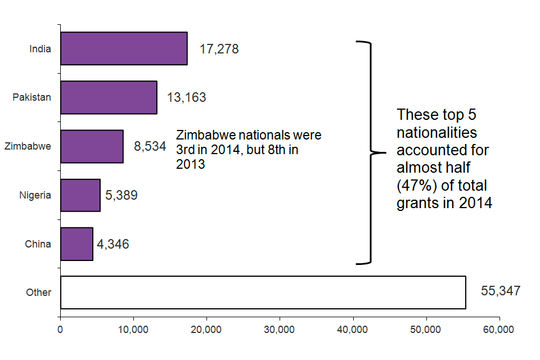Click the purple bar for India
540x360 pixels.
point(124,48)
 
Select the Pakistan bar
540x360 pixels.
point(109,97)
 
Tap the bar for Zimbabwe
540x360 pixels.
point(92,146)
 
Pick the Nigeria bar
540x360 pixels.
point(80,195)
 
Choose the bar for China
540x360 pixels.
point(76,244)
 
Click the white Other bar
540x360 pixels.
point(263,292)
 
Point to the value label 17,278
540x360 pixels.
point(219,49)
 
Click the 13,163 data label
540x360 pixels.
point(186,97)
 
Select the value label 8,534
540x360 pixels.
point(150,147)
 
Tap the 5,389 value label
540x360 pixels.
point(121,195)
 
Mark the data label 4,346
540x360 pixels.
point(112,244)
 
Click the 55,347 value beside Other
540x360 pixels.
point(501,291)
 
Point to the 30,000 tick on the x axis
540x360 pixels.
point(280,330)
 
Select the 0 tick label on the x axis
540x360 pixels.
point(60,330)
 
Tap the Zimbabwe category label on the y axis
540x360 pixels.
point(28,146)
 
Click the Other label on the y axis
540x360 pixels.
point(38,292)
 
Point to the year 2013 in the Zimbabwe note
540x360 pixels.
point(190,165)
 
